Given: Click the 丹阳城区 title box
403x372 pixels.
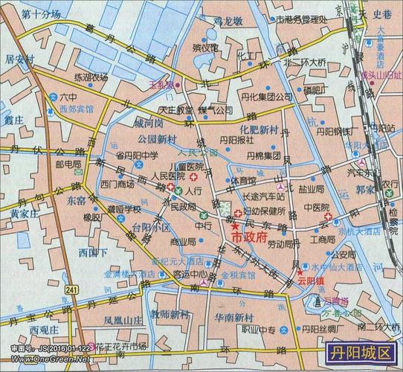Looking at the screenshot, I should (x=361, y=351).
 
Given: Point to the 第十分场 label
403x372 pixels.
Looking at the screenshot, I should (x=41, y=15).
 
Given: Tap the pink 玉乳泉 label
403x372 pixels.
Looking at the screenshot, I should (x=160, y=86).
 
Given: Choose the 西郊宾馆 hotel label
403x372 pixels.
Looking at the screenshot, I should (x=77, y=109).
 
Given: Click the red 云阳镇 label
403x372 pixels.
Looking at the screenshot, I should (x=312, y=282).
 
